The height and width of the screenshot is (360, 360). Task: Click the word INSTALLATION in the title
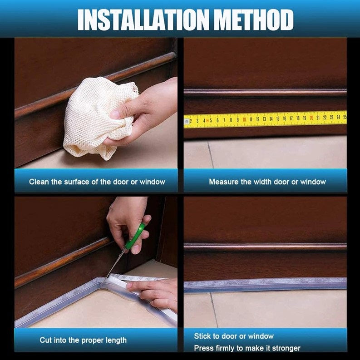pyautogui.click(x=143, y=20)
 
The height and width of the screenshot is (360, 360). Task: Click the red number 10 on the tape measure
pyautogui.click(x=244, y=119)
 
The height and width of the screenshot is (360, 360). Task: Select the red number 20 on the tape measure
pyautogui.click(x=311, y=118)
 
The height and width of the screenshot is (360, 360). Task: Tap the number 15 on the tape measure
pyautogui.click(x=278, y=118)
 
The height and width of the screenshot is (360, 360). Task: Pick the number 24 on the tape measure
pyautogui.click(x=338, y=117)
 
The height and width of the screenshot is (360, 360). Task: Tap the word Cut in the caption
pyautogui.click(x=45, y=340)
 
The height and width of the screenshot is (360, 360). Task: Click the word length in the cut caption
pyautogui.click(x=116, y=340)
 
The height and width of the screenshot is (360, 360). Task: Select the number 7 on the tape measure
pyautogui.click(x=224, y=120)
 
